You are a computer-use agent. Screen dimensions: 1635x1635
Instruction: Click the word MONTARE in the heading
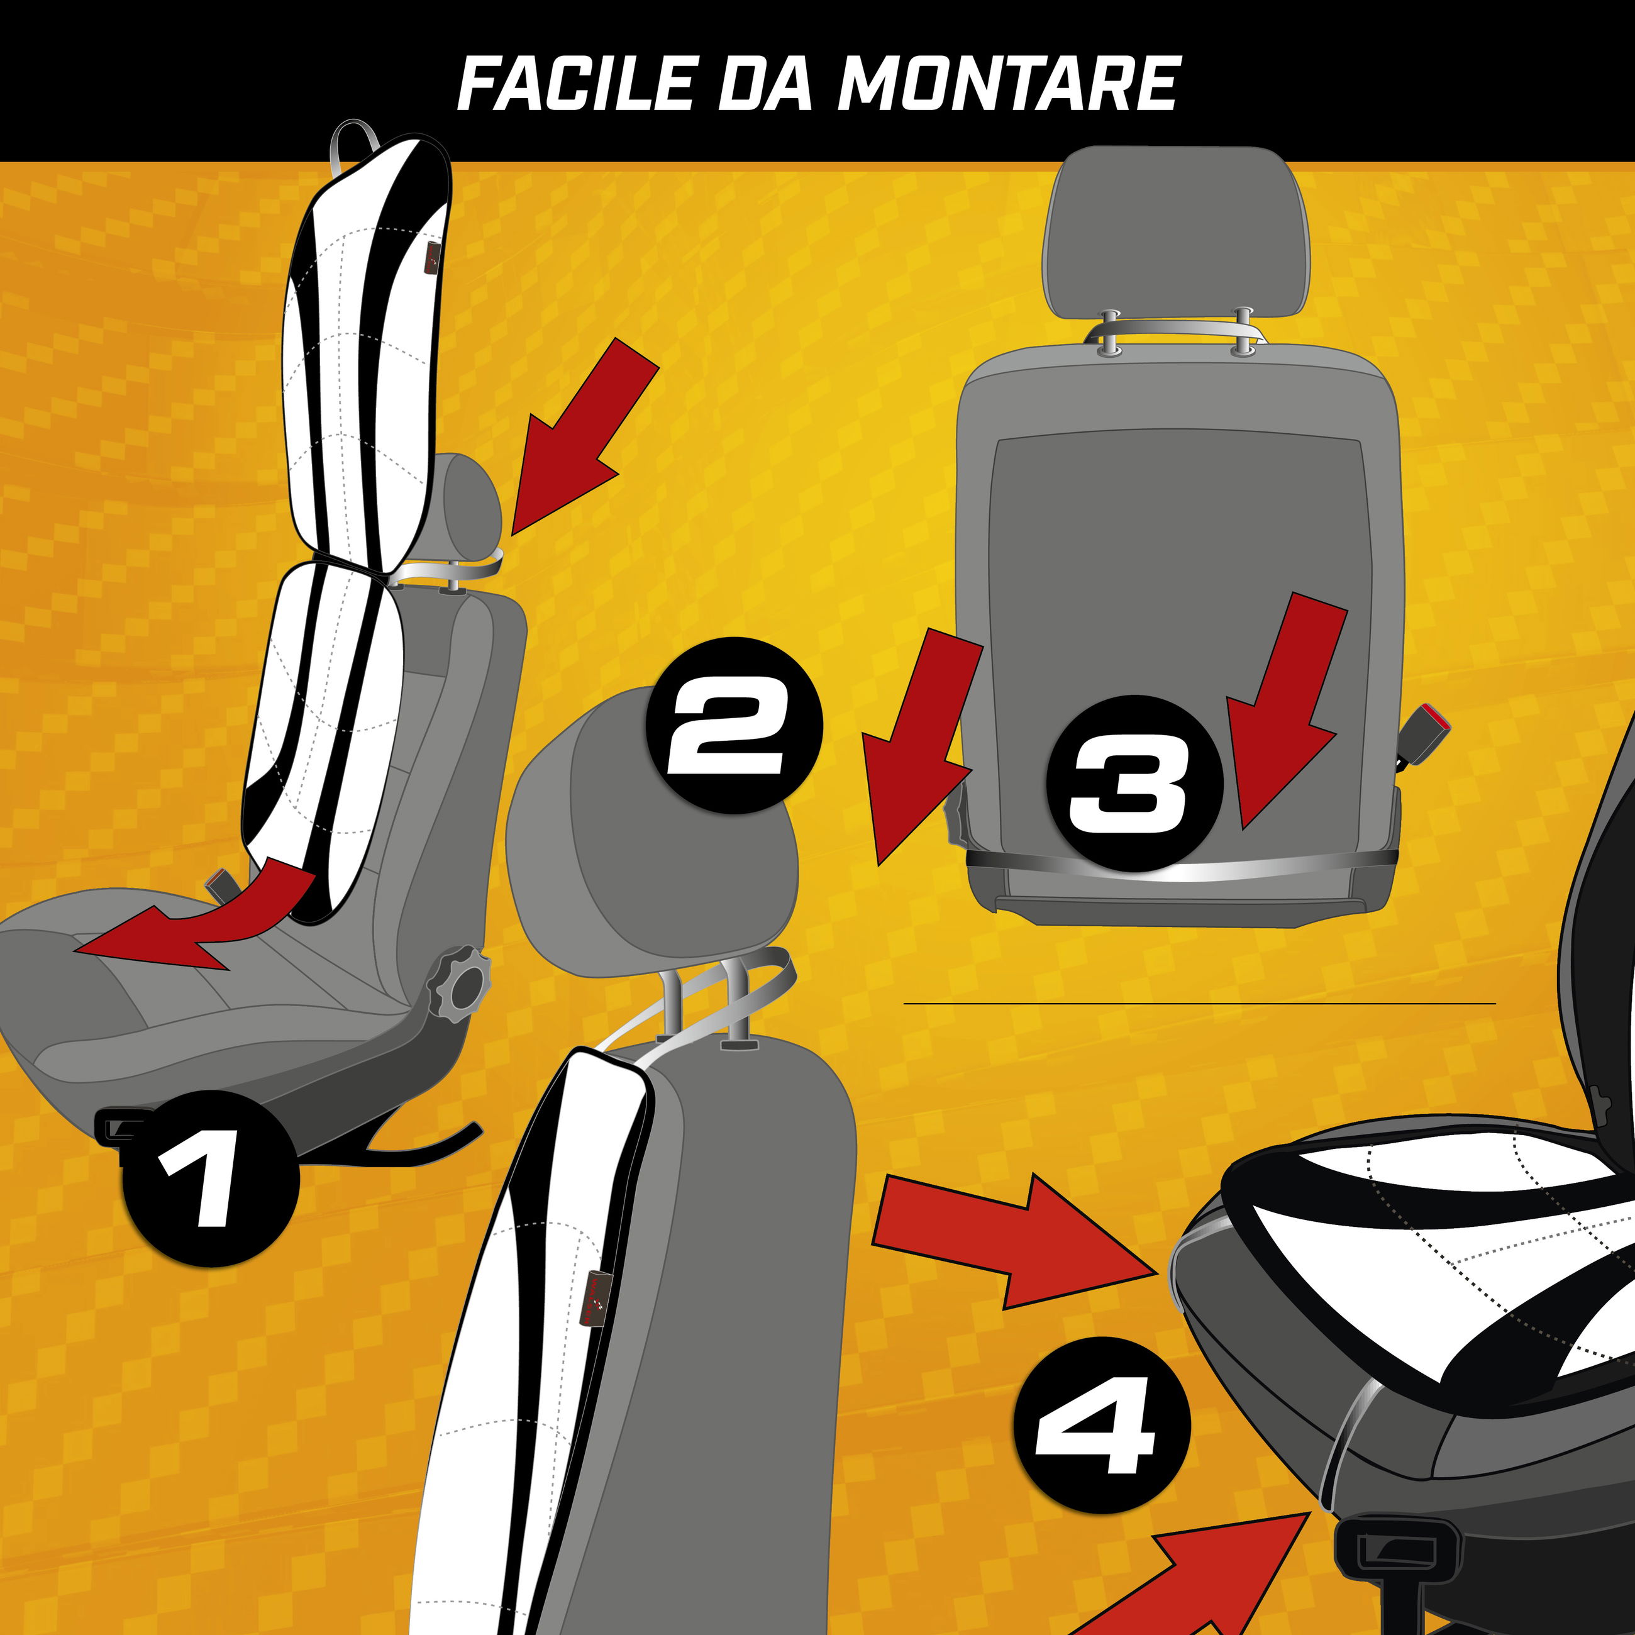(x=1009, y=84)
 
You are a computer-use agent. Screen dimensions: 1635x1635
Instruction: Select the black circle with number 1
(x=211, y=1178)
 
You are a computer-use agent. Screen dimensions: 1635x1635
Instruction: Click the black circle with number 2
(x=734, y=725)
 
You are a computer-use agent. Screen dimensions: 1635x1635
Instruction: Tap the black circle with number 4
(x=1102, y=1425)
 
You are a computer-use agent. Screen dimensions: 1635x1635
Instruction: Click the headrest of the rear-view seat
(x=1177, y=233)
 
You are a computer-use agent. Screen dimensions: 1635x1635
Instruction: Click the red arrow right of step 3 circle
(x=1282, y=711)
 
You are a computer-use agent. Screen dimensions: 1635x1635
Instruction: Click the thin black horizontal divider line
(x=1199, y=1004)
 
